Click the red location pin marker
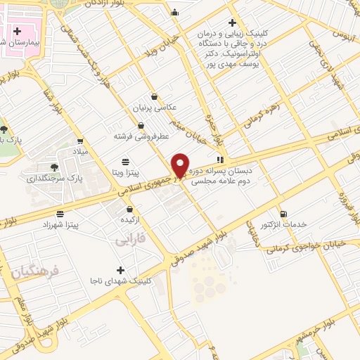coord(180,166)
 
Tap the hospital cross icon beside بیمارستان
coord(17,32)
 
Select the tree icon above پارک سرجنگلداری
coord(54,167)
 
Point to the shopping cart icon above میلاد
coord(80,141)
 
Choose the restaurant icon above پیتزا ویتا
coord(125,160)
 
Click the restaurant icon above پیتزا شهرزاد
coord(60,213)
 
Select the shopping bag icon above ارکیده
coord(130,209)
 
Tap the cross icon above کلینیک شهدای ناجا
coord(121,270)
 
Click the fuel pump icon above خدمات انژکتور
coord(283,214)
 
